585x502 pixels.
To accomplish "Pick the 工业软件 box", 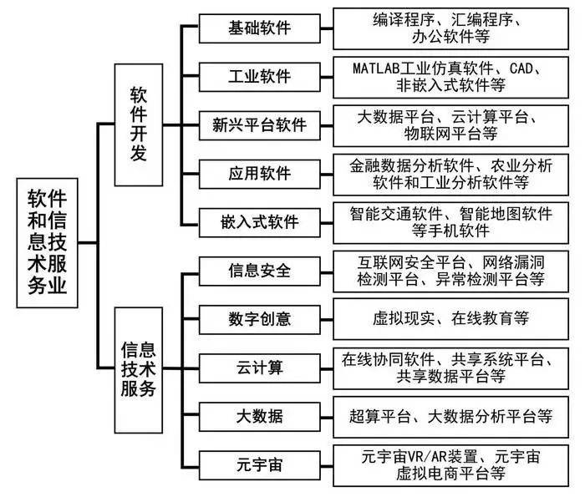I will pyautogui.click(x=260, y=77).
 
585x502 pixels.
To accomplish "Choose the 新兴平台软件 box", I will pyautogui.click(x=260, y=125).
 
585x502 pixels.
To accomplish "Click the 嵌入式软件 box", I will pyautogui.click(x=260, y=222).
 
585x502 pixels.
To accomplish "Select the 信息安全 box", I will pyautogui.click(x=260, y=271).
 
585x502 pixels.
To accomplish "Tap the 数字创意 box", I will pyautogui.click(x=260, y=318).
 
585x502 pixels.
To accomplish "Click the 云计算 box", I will pyautogui.click(x=260, y=367).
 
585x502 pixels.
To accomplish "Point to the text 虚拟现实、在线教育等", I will pyautogui.click(x=450, y=318).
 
